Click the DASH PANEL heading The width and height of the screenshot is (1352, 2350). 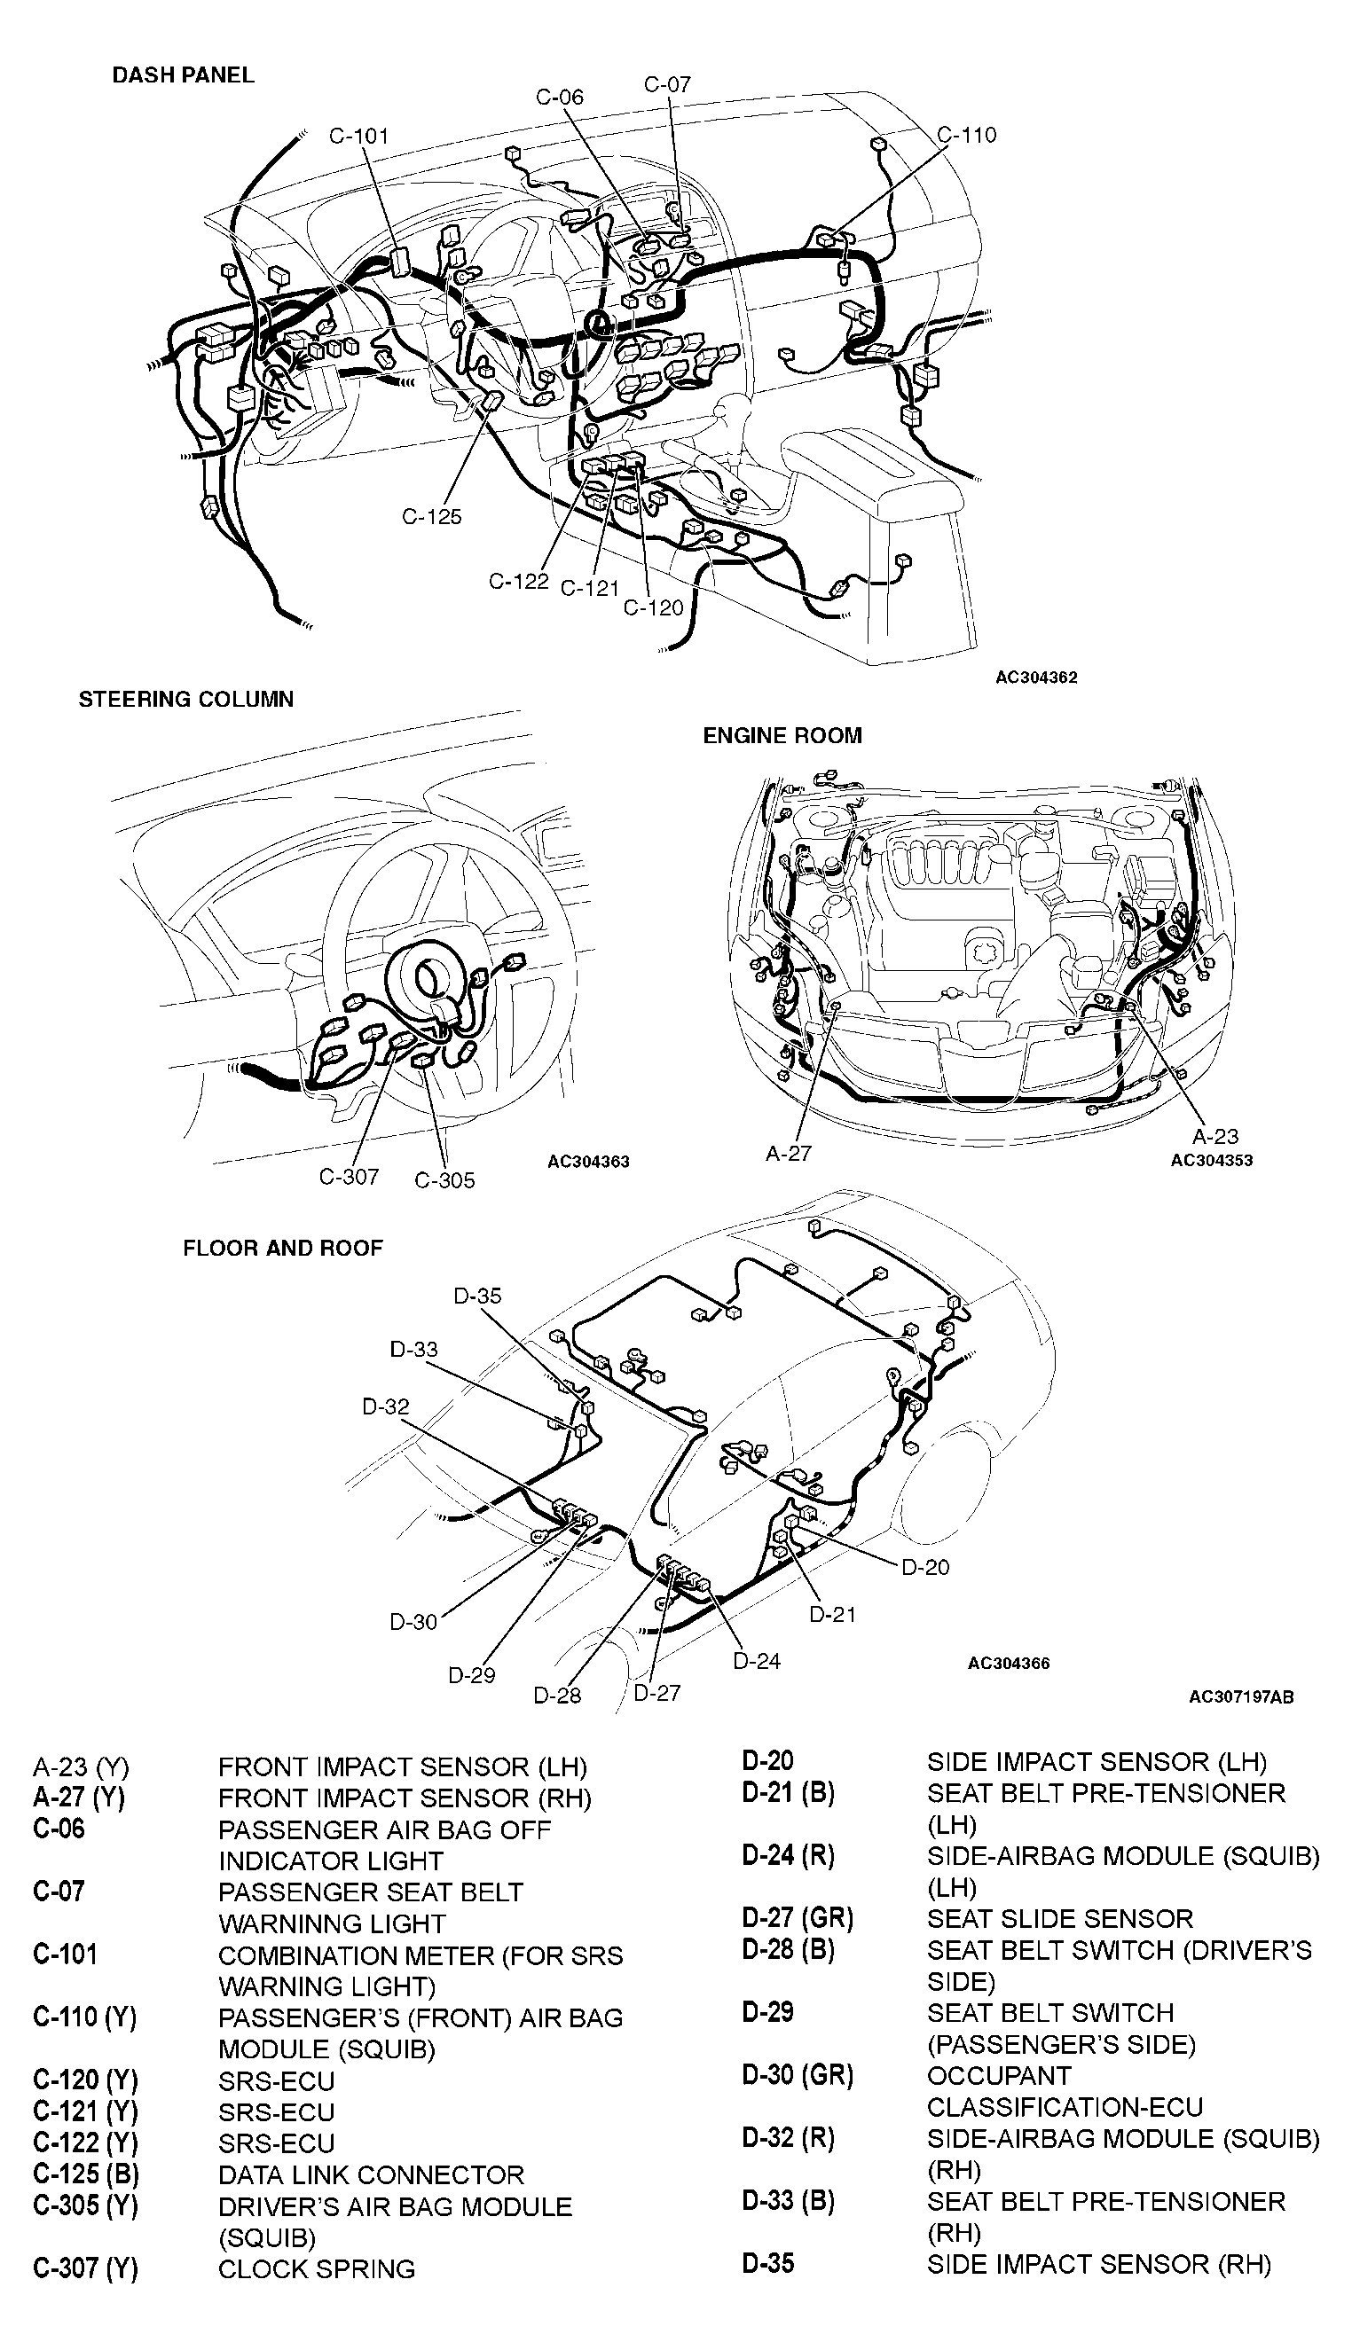click(x=183, y=75)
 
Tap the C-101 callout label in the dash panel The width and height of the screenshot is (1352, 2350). click(x=359, y=137)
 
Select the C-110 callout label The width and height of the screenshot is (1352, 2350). click(x=967, y=136)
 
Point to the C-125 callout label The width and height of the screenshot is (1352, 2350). click(x=431, y=517)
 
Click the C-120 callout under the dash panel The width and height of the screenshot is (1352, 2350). click(x=653, y=608)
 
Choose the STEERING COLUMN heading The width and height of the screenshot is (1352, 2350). click(x=185, y=700)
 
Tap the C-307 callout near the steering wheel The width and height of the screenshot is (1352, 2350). click(x=350, y=1177)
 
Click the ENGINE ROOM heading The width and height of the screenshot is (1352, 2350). click(x=782, y=736)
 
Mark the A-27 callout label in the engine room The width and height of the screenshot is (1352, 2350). click(x=789, y=1154)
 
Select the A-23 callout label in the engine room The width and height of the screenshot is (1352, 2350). click(x=1215, y=1136)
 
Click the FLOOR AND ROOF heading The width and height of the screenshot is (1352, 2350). click(x=282, y=1249)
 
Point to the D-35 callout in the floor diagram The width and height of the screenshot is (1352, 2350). click(x=477, y=1296)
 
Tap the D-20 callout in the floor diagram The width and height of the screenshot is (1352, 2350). click(x=926, y=1567)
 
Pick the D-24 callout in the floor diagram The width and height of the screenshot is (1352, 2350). click(x=757, y=1661)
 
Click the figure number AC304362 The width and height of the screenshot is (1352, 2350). click(x=1036, y=678)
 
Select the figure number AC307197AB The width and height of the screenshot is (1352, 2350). click(x=1240, y=1697)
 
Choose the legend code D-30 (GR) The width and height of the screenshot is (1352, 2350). click(x=797, y=2075)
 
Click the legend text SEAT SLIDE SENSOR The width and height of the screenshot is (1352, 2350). click(x=1059, y=1918)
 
